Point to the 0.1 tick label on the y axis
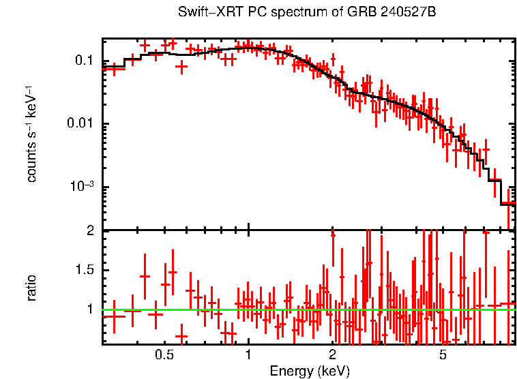click(x=84, y=61)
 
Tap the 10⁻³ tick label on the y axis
click(x=82, y=187)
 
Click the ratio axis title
click(x=31, y=288)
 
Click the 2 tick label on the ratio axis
click(x=89, y=231)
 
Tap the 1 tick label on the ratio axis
click(x=89, y=309)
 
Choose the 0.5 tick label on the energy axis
click(x=164, y=355)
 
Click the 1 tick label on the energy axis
click(x=248, y=355)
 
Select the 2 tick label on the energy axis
click(x=332, y=355)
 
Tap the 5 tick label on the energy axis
click(x=443, y=355)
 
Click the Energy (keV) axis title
click(x=310, y=371)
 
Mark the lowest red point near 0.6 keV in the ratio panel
click(x=181, y=335)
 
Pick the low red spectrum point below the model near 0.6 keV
click(x=181, y=66)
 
